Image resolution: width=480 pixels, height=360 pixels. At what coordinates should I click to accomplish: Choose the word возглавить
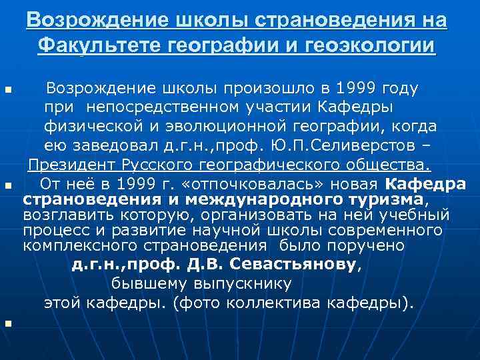pyautogui.click(x=65, y=215)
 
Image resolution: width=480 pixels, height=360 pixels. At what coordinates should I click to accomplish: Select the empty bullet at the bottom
pyautogui.click(x=7, y=324)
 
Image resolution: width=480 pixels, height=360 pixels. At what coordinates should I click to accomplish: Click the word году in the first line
pyautogui.click(x=396, y=89)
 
